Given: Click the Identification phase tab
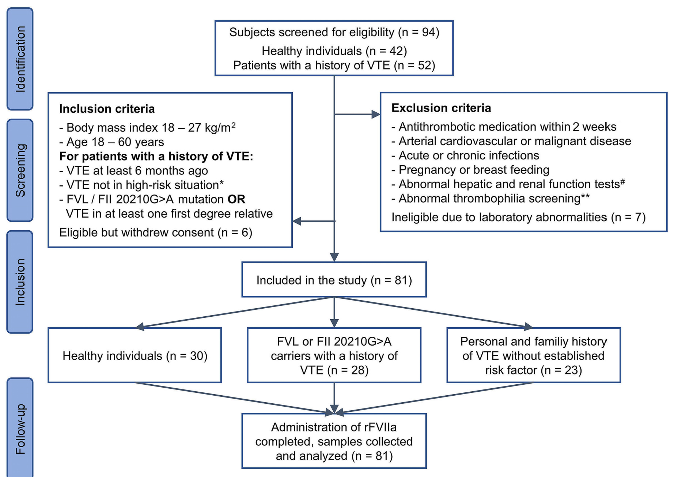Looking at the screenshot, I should (20, 59).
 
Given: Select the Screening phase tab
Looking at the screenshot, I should (20, 170).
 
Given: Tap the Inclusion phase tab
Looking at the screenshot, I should (20, 282).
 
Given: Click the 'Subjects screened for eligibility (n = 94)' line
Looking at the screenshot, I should (334, 32).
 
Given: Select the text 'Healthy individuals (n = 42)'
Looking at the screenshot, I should (334, 51).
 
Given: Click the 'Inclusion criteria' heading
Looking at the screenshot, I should (107, 109).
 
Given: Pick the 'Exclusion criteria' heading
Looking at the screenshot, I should (441, 108).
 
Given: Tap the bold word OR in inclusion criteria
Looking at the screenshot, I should (236, 199).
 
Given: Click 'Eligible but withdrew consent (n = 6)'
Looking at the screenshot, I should (156, 233).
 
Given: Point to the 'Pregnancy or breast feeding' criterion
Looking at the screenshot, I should (474, 170).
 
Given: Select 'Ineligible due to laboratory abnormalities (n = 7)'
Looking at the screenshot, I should (518, 218).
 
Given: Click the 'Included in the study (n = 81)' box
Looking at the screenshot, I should (334, 280).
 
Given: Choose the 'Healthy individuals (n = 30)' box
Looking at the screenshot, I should (135, 356).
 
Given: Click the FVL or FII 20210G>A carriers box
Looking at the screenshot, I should (334, 356).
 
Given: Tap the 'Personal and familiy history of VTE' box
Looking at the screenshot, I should (533, 356).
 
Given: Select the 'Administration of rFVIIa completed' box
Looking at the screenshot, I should (334, 441).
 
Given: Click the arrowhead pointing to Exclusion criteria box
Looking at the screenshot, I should (375, 114).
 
